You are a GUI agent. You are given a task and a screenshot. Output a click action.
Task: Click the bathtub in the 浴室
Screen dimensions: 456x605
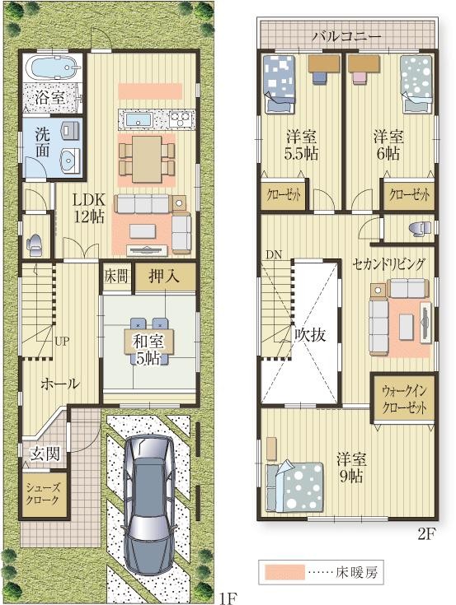point(52,67)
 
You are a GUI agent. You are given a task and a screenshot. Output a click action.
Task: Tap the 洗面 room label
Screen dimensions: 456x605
point(43,142)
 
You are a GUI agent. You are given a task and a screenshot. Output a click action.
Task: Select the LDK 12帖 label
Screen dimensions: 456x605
point(89,208)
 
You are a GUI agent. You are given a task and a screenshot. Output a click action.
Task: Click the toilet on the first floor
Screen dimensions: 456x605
point(34,245)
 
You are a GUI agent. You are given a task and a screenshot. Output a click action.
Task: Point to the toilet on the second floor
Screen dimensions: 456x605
point(419,228)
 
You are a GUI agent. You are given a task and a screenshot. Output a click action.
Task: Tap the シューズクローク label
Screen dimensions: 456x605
point(43,494)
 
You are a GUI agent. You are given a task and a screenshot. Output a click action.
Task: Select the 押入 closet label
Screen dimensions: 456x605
point(164,277)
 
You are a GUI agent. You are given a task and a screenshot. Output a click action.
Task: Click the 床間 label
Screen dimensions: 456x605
point(116,276)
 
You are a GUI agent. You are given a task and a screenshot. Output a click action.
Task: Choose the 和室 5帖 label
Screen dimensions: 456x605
point(148,350)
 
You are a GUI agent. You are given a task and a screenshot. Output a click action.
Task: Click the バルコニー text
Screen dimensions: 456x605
point(346,37)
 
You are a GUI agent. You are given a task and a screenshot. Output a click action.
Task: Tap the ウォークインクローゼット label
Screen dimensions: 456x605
point(404,399)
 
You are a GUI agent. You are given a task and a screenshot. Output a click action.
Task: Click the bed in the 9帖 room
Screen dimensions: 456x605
point(294,486)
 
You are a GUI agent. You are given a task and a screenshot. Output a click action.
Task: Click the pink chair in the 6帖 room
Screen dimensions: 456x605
point(359,77)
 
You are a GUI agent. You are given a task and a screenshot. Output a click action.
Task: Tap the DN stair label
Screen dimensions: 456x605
point(274,254)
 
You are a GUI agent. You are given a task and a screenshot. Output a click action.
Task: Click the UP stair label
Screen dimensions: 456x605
point(62,341)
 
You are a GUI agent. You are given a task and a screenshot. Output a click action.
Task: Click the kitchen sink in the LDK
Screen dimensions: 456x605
point(136,119)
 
